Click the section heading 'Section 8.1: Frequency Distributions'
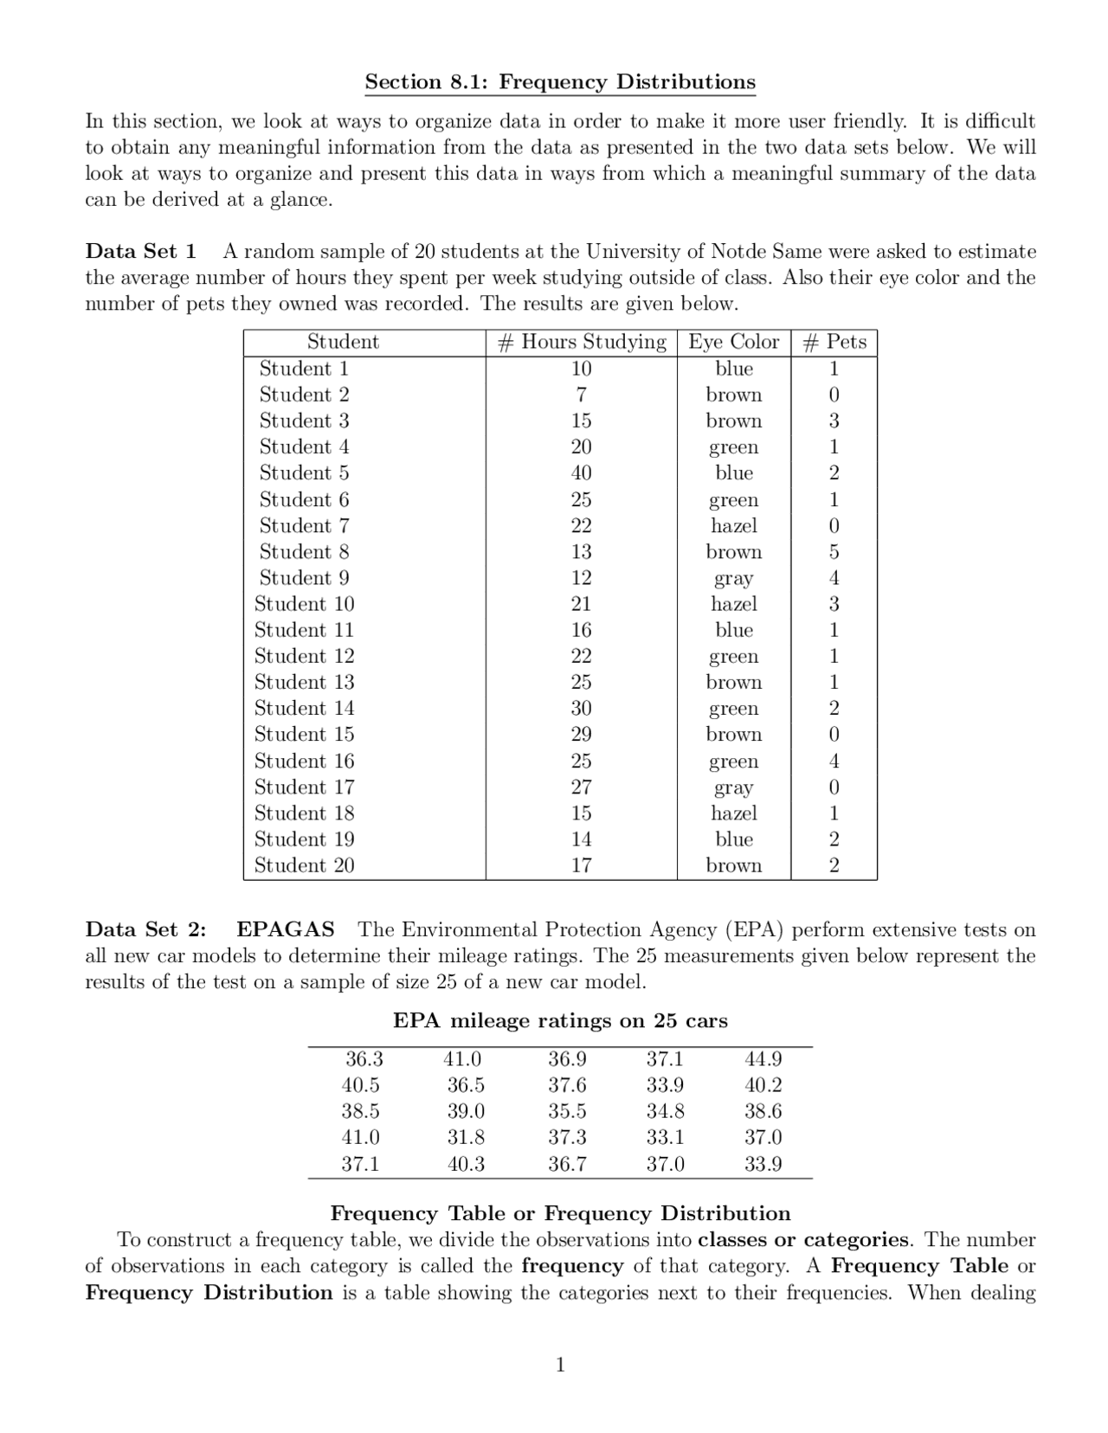click(559, 82)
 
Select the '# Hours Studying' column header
click(582, 342)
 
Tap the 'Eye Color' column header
click(733, 342)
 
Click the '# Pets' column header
click(834, 342)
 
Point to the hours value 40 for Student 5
click(581, 473)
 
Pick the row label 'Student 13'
click(304, 683)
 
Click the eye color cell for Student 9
click(733, 579)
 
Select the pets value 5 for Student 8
click(834, 552)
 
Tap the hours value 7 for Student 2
click(581, 395)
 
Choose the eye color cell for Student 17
click(733, 788)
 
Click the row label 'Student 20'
click(304, 865)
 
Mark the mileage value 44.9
click(763, 1059)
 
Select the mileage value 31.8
click(466, 1137)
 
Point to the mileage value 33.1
click(665, 1137)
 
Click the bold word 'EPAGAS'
click(285, 930)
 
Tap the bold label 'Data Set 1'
click(140, 252)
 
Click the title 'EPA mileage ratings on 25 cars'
click(560, 1021)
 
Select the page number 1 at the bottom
click(560, 1366)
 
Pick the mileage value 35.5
click(566, 1111)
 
